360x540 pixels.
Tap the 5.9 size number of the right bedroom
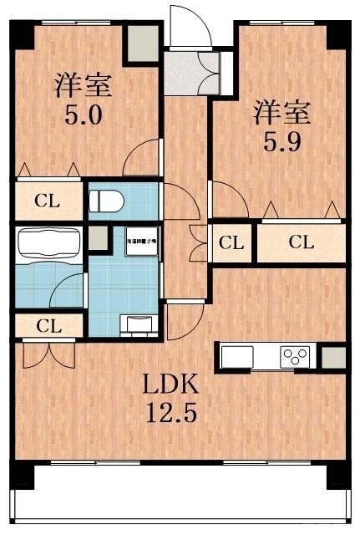click(283, 139)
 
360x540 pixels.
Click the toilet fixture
click(106, 201)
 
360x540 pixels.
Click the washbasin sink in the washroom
click(137, 322)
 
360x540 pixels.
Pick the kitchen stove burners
click(295, 357)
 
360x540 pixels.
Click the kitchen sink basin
click(234, 357)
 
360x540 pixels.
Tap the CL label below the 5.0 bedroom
click(47, 201)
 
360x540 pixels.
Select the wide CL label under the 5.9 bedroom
click(301, 243)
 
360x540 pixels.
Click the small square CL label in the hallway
click(231, 243)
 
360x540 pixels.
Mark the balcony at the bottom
click(180, 502)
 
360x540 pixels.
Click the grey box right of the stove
click(332, 357)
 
